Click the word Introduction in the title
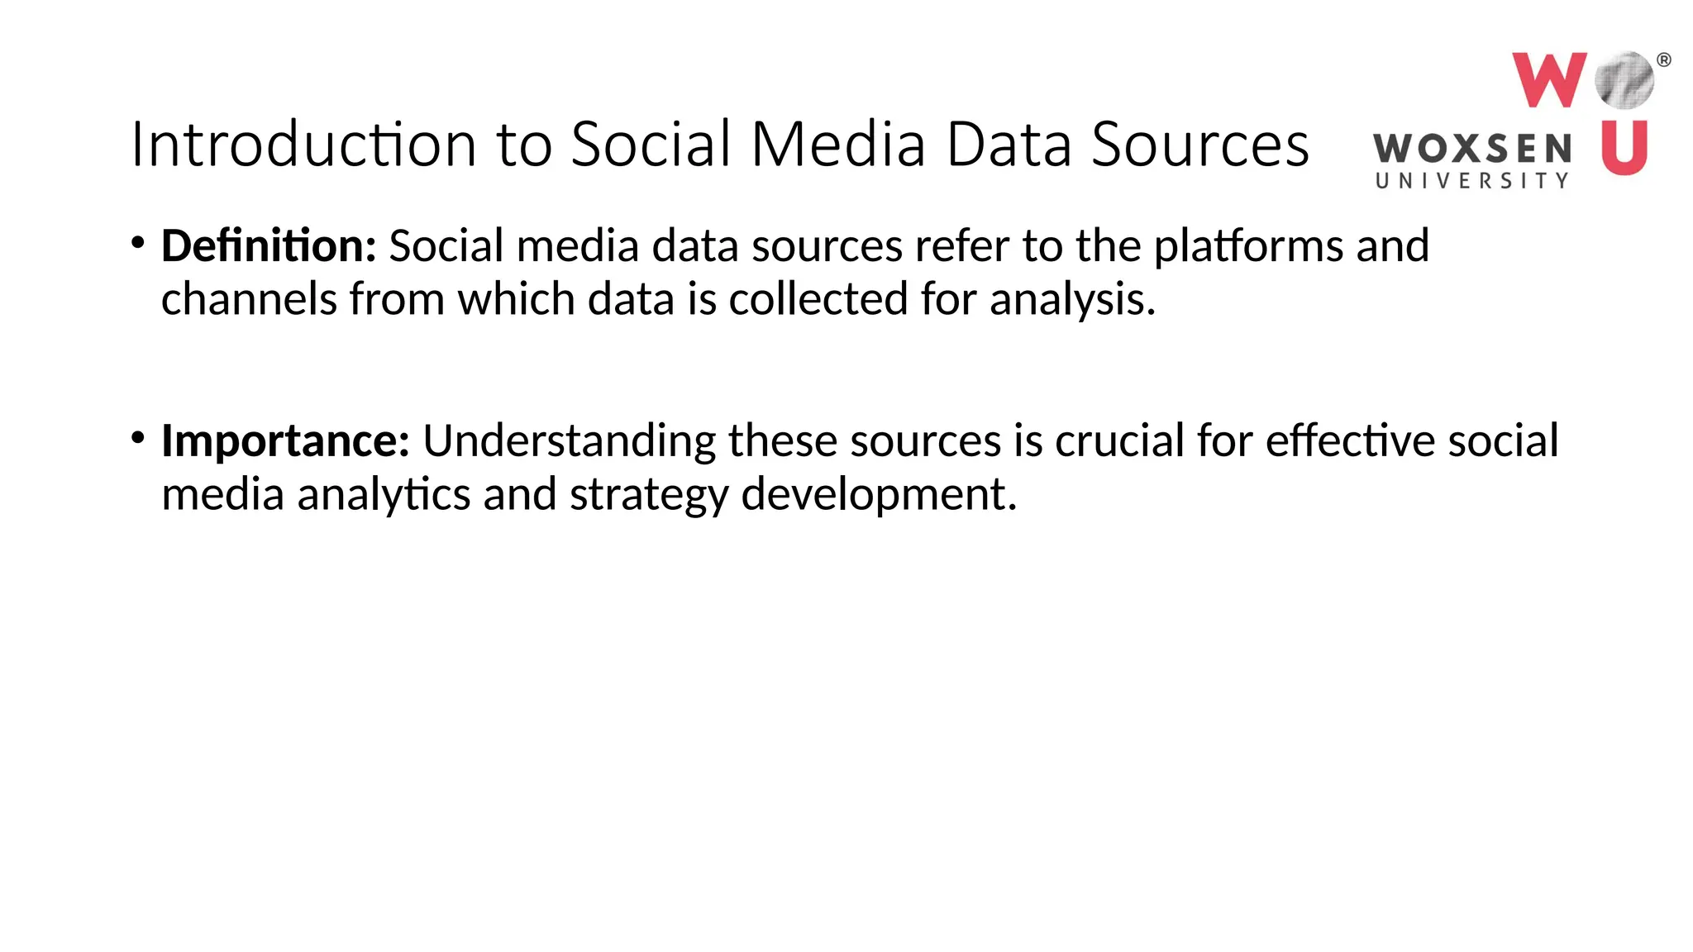[x=303, y=145]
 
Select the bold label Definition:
[x=269, y=246]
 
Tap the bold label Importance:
[x=285, y=440]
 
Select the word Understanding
[x=569, y=441]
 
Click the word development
[x=878, y=494]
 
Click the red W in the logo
[x=1548, y=79]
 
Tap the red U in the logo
[x=1624, y=147]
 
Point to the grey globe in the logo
[x=1624, y=80]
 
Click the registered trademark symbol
[x=1664, y=59]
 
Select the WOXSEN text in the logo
[x=1471, y=150]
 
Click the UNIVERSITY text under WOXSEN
[x=1471, y=181]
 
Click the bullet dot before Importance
[x=138, y=437]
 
